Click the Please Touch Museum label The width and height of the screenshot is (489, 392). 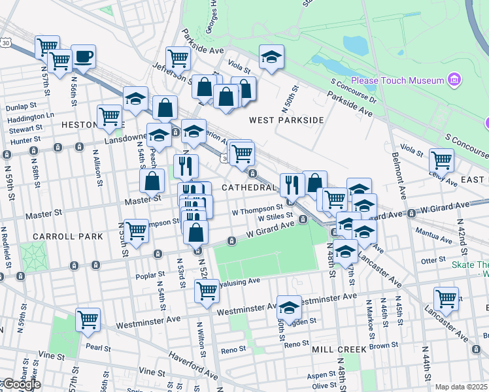coord(397,81)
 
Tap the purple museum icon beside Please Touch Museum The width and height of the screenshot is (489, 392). coord(455,81)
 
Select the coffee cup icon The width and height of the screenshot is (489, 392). coord(83,56)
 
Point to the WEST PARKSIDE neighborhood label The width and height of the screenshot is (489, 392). coord(286,120)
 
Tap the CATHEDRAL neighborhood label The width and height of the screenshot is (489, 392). coord(248,188)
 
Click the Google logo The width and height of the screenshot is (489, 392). coord(22,384)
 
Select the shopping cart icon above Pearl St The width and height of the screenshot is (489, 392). coord(88,320)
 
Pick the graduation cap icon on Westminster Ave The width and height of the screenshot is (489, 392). coord(289,306)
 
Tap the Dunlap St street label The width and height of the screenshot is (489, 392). coord(20,106)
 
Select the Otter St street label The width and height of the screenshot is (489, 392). coord(433,260)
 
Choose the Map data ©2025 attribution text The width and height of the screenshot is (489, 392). coord(461,387)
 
